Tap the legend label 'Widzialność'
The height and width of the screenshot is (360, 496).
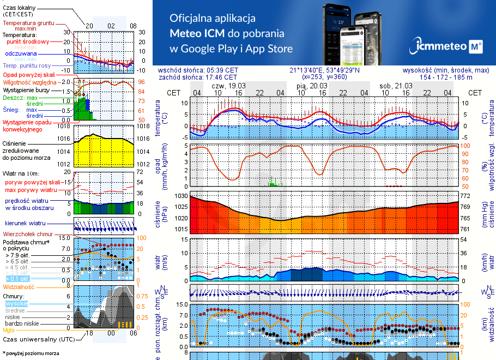point(19,286)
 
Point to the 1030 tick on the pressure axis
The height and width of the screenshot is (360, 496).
point(180,196)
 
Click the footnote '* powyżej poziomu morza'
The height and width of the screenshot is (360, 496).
point(31,353)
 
